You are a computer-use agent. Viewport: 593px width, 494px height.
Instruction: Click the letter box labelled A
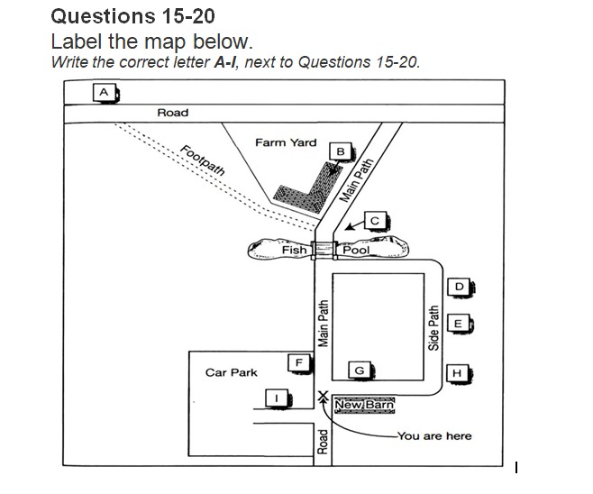pyautogui.click(x=105, y=93)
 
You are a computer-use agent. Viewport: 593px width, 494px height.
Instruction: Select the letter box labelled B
pyautogui.click(x=341, y=151)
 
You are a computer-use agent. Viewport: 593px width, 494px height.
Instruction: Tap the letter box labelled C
pyautogui.click(x=375, y=221)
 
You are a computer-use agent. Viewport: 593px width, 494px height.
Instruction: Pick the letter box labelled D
pyautogui.click(x=459, y=287)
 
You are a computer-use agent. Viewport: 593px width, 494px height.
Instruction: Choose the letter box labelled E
pyautogui.click(x=459, y=324)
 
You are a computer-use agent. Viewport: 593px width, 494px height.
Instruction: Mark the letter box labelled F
pyautogui.click(x=299, y=363)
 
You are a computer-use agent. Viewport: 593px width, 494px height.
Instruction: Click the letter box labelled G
pyautogui.click(x=360, y=370)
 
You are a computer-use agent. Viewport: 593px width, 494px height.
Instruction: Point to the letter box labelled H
pyautogui.click(x=458, y=373)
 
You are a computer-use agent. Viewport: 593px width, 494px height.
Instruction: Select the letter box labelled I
pyautogui.click(x=277, y=398)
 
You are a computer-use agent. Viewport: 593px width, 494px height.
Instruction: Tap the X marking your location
pyautogui.click(x=323, y=396)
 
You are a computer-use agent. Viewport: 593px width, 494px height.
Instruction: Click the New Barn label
pyautogui.click(x=365, y=405)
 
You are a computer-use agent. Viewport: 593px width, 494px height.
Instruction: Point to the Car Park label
pyautogui.click(x=231, y=372)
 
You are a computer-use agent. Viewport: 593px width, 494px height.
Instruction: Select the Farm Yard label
pyautogui.click(x=286, y=142)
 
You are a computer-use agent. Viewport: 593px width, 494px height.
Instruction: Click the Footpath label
pyautogui.click(x=203, y=160)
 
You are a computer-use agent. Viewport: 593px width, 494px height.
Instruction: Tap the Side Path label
pyautogui.click(x=433, y=328)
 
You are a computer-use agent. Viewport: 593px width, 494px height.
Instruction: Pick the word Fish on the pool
pyautogui.click(x=294, y=250)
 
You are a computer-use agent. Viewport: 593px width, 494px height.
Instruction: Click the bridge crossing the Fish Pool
pyautogui.click(x=324, y=250)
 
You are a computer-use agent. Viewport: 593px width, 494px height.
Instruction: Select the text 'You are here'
pyautogui.click(x=434, y=436)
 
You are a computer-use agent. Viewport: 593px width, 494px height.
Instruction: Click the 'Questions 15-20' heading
pyautogui.click(x=133, y=16)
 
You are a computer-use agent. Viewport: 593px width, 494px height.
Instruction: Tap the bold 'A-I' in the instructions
pyautogui.click(x=225, y=62)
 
